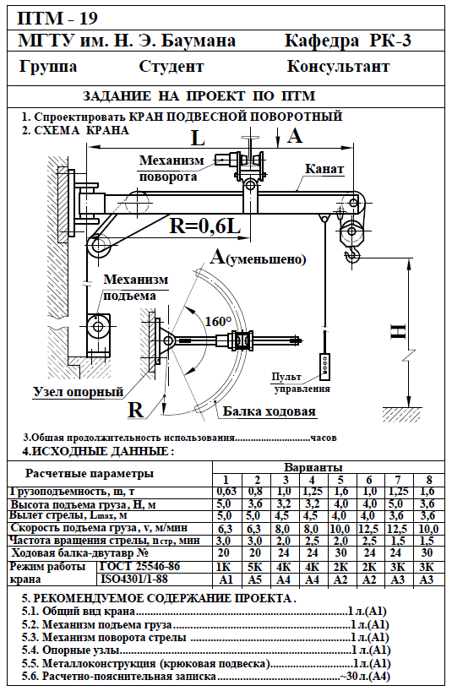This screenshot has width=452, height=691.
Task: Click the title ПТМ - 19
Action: (x=57, y=19)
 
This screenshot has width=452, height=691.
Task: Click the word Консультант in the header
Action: (x=338, y=67)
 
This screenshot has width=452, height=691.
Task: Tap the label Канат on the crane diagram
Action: (x=324, y=168)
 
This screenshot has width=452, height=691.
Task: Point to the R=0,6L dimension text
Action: (x=205, y=226)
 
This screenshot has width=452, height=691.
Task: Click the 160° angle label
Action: (x=218, y=321)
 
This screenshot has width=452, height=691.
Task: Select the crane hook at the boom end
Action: (x=353, y=255)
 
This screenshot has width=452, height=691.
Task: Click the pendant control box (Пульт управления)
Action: (x=324, y=366)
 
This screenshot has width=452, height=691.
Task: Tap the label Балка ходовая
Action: (x=270, y=411)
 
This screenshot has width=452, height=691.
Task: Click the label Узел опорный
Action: (x=78, y=392)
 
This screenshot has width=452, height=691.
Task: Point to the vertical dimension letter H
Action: (x=399, y=331)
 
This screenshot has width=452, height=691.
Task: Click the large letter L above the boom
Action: (x=198, y=138)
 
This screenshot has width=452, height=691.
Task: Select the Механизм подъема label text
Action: (x=136, y=287)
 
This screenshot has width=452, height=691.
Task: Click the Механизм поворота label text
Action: (x=172, y=168)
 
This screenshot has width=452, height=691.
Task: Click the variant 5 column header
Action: (x=340, y=480)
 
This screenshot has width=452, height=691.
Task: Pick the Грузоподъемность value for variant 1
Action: (x=226, y=492)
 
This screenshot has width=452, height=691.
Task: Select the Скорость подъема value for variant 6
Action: (x=369, y=528)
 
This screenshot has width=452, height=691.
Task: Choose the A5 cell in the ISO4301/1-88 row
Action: (x=254, y=579)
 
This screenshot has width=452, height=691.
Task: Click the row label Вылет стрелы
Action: (x=69, y=515)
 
